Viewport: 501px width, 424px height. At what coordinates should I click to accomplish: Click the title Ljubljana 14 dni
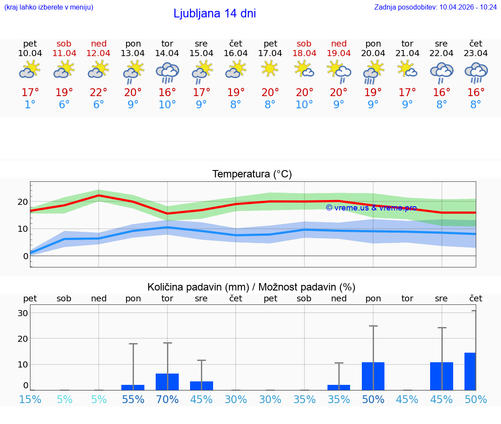(x=214, y=13)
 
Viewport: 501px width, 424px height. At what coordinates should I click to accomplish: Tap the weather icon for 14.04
(x=167, y=72)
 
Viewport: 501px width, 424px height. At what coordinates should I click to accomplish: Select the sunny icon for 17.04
(x=270, y=68)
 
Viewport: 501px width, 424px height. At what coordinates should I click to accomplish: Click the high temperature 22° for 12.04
(x=99, y=93)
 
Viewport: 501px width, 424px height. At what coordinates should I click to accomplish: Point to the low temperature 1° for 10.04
(x=30, y=105)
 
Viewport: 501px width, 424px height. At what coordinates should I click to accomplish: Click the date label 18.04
(x=304, y=53)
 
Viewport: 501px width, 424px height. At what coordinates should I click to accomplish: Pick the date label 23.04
(x=476, y=53)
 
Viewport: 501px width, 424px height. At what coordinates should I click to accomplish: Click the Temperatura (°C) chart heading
(x=252, y=174)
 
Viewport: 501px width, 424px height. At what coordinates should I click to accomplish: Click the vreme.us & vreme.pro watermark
(x=371, y=207)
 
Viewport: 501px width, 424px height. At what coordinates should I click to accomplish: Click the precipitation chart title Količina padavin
(x=251, y=287)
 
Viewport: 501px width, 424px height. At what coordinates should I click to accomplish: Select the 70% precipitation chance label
(x=167, y=399)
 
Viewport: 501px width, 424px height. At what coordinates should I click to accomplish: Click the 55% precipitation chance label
(x=133, y=399)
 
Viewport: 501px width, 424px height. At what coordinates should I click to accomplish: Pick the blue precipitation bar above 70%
(x=167, y=382)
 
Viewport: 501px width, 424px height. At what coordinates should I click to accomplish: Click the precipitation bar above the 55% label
(x=133, y=387)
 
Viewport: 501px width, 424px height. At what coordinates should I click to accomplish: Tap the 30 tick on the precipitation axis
(x=23, y=313)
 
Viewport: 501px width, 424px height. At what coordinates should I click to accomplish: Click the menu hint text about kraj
(x=49, y=7)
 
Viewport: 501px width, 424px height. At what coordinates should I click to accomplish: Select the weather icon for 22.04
(x=441, y=72)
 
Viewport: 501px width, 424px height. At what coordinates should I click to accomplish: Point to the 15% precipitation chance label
(x=30, y=399)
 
